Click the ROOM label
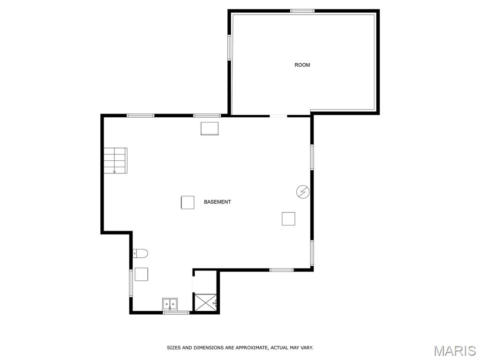302,65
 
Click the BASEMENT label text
217,202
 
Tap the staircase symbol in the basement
115,160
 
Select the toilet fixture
140,254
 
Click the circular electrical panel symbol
303,191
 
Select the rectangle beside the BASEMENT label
187,202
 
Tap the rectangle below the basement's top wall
210,128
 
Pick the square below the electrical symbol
288,218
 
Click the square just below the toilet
141,274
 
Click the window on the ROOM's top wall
302,11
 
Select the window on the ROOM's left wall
230,47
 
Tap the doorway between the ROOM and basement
278,115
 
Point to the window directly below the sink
176,312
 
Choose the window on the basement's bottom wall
281,270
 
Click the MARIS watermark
454,351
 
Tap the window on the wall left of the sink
131,283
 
